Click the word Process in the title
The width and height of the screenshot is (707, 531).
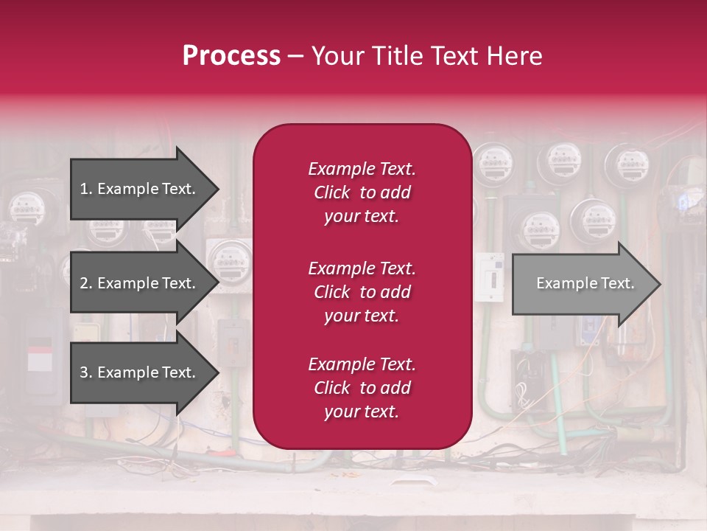[x=231, y=56]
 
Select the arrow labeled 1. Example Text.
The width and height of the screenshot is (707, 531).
[x=140, y=189]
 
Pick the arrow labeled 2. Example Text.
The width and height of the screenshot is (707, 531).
[x=140, y=283]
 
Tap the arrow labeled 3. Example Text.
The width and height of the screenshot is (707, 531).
[x=140, y=372]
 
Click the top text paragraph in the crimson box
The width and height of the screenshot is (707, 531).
[x=362, y=192]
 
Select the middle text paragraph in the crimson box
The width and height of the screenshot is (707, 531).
[x=362, y=291]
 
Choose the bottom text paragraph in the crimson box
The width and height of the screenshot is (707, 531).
[x=362, y=388]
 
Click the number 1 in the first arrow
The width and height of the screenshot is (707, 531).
[x=84, y=189]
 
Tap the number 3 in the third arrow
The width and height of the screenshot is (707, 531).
[x=84, y=372]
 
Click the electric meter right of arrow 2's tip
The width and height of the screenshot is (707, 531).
[x=230, y=260]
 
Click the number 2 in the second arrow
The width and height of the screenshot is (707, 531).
[x=84, y=283]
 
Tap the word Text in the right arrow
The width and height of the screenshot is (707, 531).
[x=617, y=283]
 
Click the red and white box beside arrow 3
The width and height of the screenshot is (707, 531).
[x=40, y=356]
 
